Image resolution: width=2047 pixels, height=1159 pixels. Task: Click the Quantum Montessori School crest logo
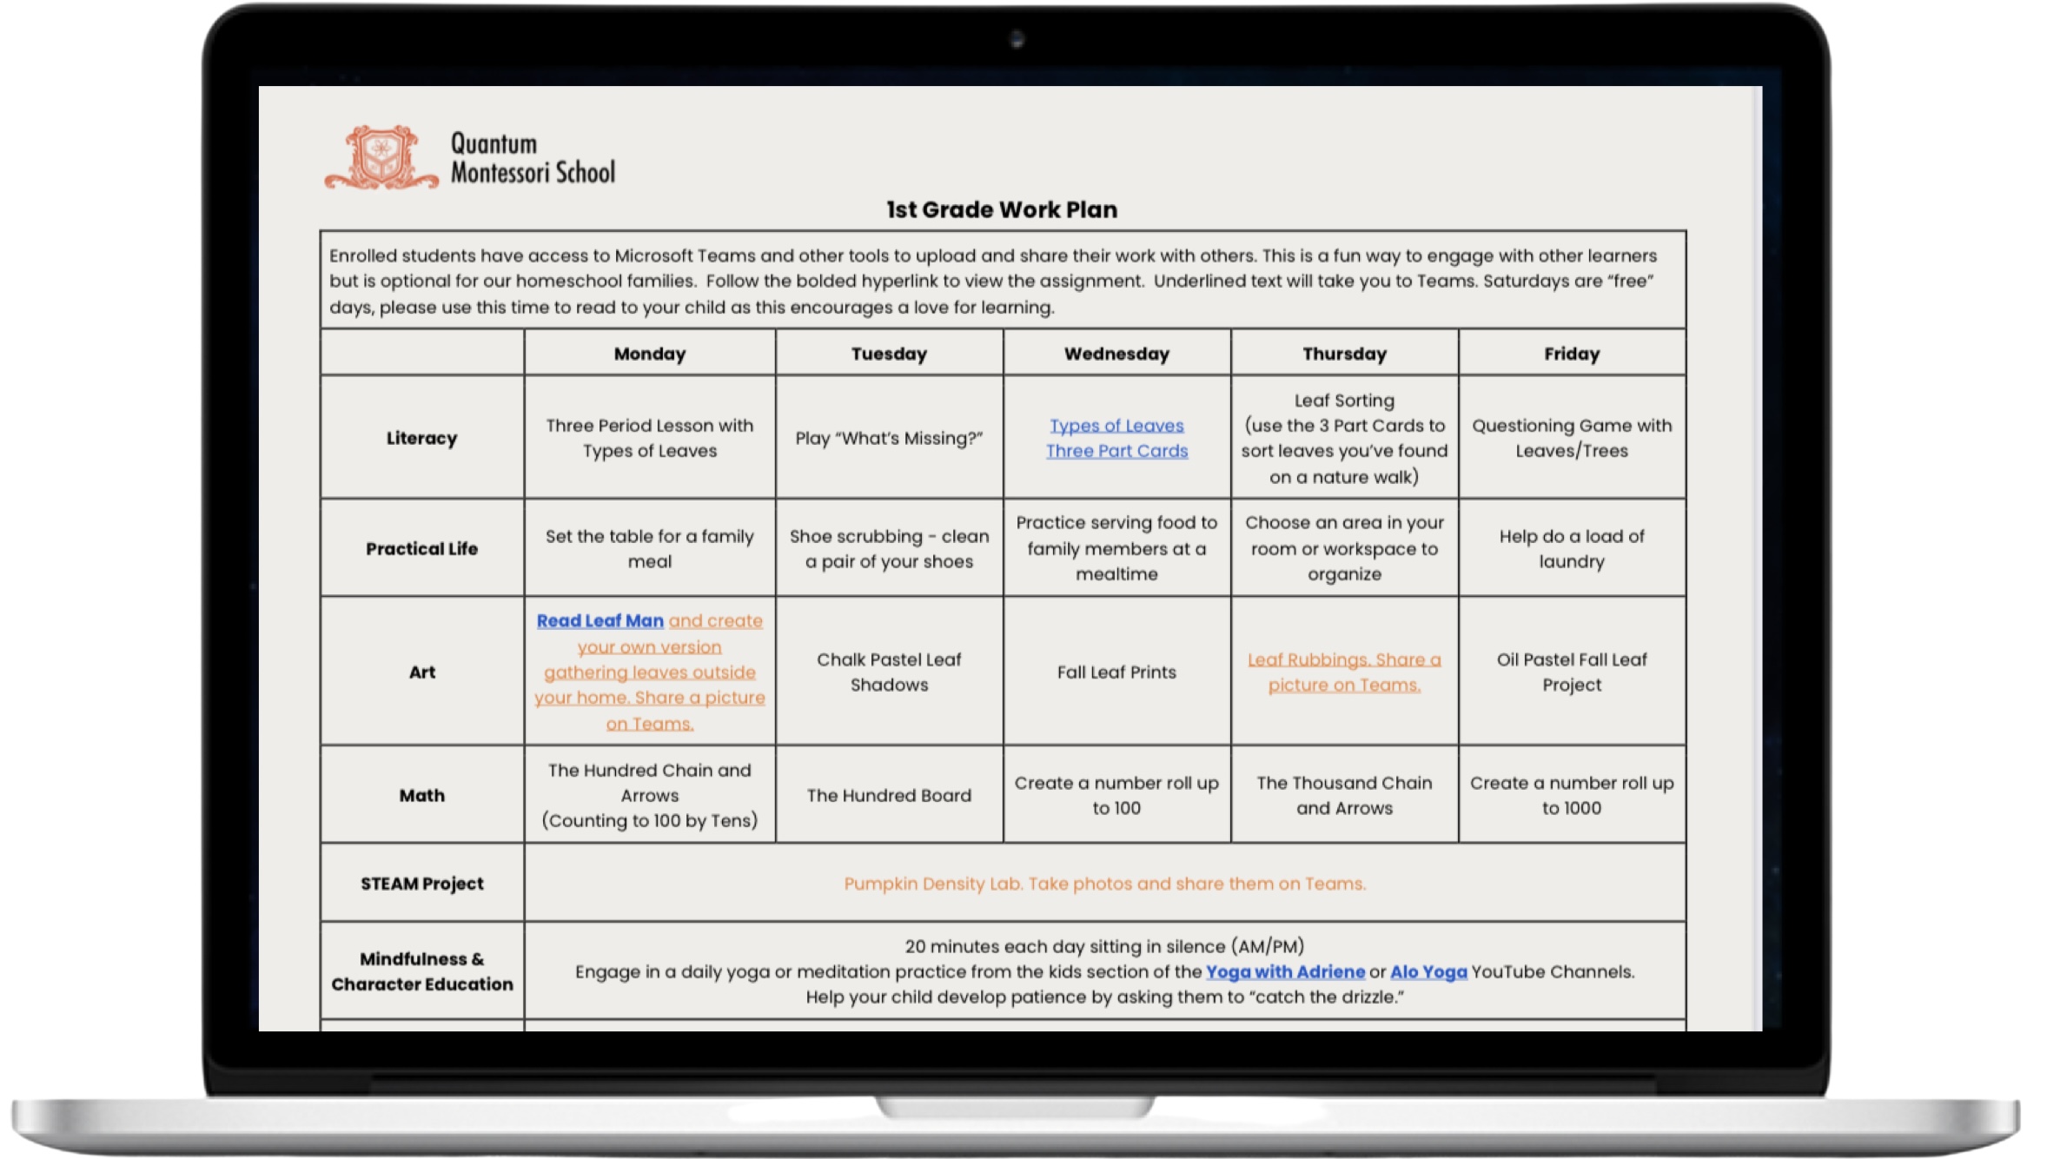click(x=381, y=157)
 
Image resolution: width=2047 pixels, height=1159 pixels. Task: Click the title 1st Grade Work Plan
click(x=1001, y=209)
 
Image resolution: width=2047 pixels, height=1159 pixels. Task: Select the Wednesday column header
click(x=1116, y=354)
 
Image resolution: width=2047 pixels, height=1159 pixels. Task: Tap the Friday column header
click(x=1571, y=354)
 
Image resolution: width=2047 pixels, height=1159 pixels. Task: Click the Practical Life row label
click(x=421, y=548)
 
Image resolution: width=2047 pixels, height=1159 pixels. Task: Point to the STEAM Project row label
click(x=421, y=884)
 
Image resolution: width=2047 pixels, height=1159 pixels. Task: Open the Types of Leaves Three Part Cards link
click(x=1116, y=438)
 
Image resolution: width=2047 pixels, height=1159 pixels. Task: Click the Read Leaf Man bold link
click(x=600, y=621)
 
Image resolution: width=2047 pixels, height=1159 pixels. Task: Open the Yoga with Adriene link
click(x=1285, y=971)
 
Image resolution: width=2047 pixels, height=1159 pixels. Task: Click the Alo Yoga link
click(x=1428, y=971)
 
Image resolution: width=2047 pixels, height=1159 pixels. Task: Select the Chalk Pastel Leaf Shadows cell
click(x=889, y=672)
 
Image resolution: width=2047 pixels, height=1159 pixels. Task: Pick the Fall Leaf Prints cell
click(x=1116, y=672)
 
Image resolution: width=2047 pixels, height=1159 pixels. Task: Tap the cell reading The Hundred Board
click(x=889, y=795)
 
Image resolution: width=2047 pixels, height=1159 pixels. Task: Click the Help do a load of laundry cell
click(x=1571, y=548)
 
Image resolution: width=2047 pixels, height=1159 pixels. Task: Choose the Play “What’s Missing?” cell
click(x=889, y=438)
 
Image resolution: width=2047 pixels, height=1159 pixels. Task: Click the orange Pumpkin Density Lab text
click(x=1104, y=884)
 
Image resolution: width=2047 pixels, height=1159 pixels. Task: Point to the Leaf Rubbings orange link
click(x=1344, y=672)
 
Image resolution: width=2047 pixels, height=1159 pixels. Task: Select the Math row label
click(x=421, y=795)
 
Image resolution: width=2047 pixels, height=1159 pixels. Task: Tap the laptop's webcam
click(x=1017, y=39)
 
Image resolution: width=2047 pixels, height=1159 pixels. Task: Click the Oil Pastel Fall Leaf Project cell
click(x=1571, y=672)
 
